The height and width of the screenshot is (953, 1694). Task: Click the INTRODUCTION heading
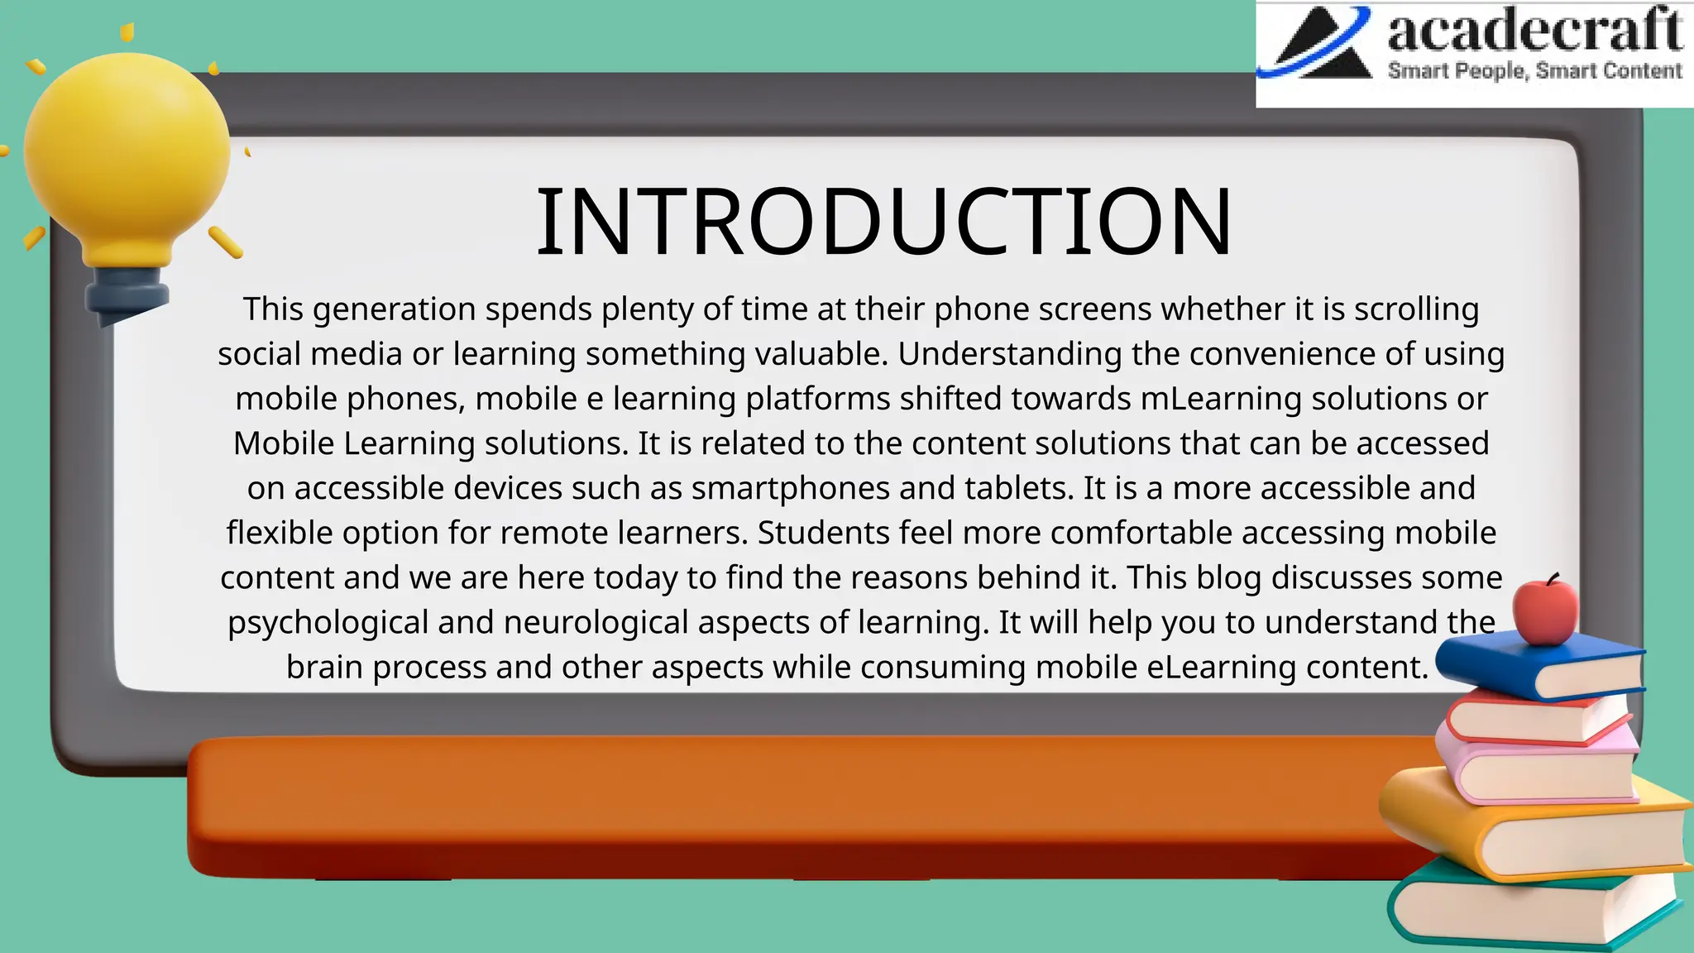(x=883, y=222)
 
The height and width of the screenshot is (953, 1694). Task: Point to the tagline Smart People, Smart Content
(x=1534, y=71)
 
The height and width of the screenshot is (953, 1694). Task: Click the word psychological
(x=328, y=622)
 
